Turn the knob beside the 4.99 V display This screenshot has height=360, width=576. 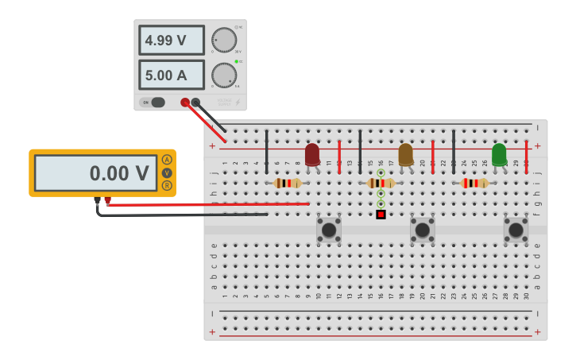(224, 40)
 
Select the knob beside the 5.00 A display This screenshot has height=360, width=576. (224, 75)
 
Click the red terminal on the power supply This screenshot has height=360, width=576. (185, 102)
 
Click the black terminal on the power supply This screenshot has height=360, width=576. (195, 102)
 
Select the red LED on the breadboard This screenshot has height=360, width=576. (312, 154)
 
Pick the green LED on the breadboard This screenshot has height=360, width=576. (499, 154)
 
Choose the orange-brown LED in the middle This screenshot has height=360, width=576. (406, 154)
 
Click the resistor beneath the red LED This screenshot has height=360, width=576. (287, 183)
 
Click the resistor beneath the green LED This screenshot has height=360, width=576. (474, 183)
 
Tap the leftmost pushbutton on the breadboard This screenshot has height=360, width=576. (329, 230)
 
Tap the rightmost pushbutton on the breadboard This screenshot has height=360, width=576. (516, 230)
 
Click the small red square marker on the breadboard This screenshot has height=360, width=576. (381, 214)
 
